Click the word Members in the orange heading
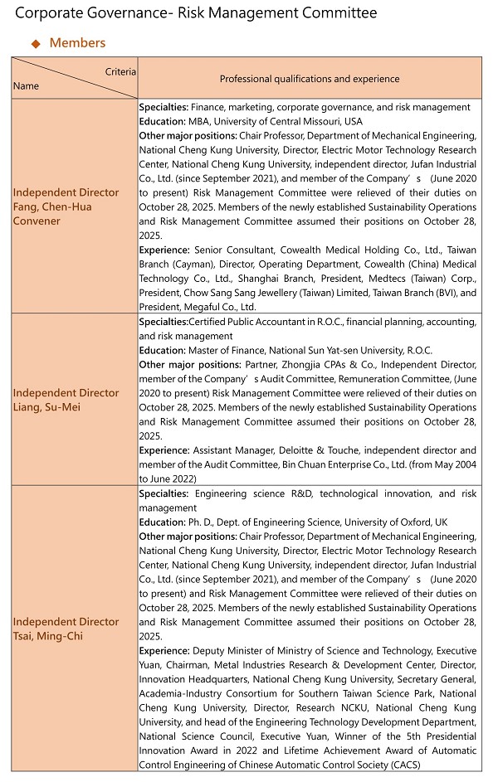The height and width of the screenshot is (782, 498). click(x=77, y=43)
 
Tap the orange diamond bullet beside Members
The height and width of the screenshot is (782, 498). click(x=36, y=43)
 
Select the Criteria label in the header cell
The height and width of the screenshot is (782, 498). click(x=120, y=72)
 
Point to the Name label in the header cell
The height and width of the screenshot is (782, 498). click(x=26, y=85)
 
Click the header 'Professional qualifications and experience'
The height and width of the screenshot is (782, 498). click(x=309, y=79)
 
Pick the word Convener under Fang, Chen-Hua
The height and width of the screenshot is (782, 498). click(x=37, y=221)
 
